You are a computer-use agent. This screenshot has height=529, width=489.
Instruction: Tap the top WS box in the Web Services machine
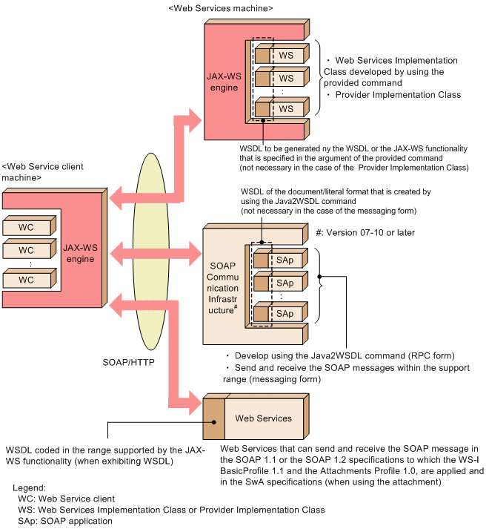[x=285, y=56]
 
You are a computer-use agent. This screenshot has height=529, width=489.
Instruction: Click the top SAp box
[x=285, y=261]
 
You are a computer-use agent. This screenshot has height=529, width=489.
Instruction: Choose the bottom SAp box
[x=285, y=313]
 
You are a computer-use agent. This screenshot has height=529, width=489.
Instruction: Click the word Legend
[x=32, y=487]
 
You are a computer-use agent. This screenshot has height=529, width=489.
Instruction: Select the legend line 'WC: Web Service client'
[x=66, y=499]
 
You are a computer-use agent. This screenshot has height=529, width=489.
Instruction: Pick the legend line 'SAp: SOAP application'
[x=64, y=521]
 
